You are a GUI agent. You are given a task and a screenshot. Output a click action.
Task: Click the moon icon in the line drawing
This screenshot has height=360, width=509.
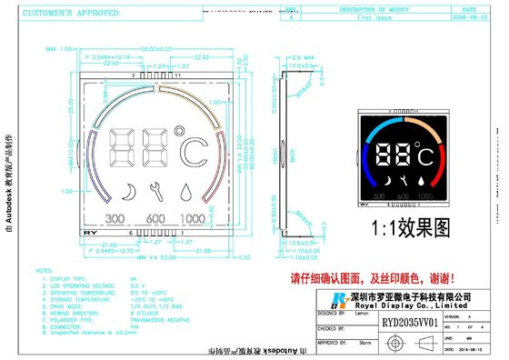[129, 192]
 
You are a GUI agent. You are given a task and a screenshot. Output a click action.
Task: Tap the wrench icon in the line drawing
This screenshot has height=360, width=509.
[158, 192]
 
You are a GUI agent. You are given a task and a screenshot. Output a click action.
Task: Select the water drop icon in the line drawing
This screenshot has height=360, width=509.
[186, 192]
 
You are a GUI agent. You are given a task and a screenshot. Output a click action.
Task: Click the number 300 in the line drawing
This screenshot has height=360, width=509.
[116, 218]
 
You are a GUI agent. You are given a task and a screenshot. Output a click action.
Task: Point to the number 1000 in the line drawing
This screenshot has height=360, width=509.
[192, 218]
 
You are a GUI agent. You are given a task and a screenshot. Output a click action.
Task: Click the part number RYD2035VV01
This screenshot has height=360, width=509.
[409, 321]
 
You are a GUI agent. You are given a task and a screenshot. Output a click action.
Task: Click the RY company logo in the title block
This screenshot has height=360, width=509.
[339, 300]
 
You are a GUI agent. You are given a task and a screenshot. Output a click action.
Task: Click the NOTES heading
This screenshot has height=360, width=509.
[43, 270]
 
